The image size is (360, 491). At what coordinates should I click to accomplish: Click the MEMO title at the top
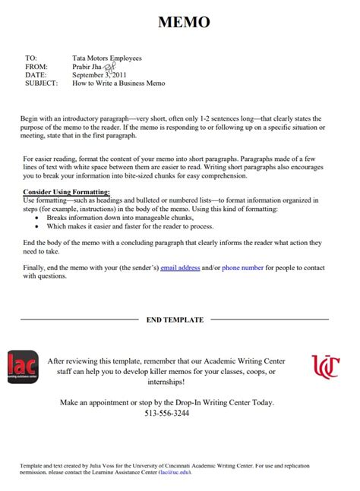[x=183, y=23]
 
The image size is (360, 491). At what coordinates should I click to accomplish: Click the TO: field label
[x=31, y=58]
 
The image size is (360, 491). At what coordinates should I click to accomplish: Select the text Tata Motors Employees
[x=106, y=58]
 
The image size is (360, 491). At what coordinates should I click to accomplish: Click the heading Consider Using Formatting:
[x=67, y=192]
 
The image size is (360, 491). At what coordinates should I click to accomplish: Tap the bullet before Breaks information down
[x=37, y=217]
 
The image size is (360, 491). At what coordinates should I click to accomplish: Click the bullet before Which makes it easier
[x=37, y=225]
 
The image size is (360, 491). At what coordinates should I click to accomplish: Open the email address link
[x=180, y=268]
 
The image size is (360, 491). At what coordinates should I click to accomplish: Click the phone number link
[x=243, y=268]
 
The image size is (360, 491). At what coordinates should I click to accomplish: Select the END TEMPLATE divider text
[x=175, y=320]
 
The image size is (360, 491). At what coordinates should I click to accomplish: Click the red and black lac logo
[x=24, y=367]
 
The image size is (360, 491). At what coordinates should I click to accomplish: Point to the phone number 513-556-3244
[x=166, y=414]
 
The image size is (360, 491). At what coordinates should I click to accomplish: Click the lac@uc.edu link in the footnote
[x=175, y=472]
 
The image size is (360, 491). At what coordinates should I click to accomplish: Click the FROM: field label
[x=36, y=67]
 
